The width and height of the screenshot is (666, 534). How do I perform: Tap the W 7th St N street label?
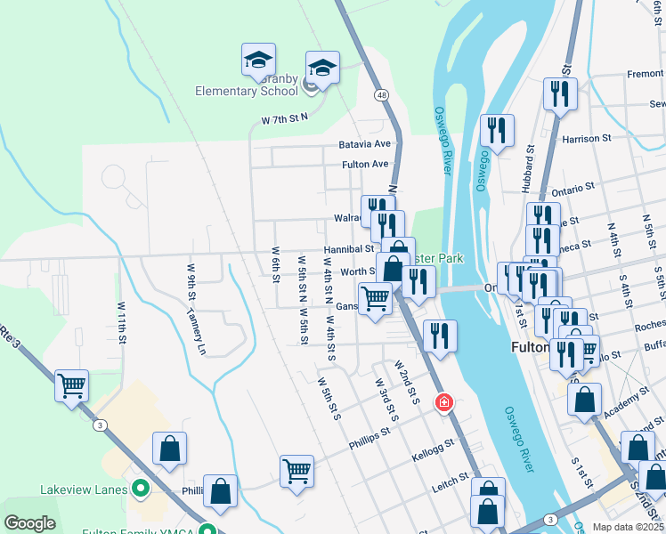pos(284,118)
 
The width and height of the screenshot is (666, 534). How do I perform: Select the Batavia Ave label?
pos(364,143)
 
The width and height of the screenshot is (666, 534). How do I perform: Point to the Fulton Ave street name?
pos(366,165)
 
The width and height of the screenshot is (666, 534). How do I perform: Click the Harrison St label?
pos(587,139)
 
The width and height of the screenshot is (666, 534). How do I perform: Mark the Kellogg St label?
pos(435,442)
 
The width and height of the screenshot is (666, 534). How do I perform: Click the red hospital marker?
pos(443,403)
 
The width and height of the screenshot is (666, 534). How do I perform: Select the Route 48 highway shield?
pos(381,93)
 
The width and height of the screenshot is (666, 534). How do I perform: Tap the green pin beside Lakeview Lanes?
pos(139,489)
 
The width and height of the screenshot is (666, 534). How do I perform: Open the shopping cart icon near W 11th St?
pos(71,385)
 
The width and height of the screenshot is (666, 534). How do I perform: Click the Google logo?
pos(30,523)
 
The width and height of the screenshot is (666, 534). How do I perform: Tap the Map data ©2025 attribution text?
pos(627,527)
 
